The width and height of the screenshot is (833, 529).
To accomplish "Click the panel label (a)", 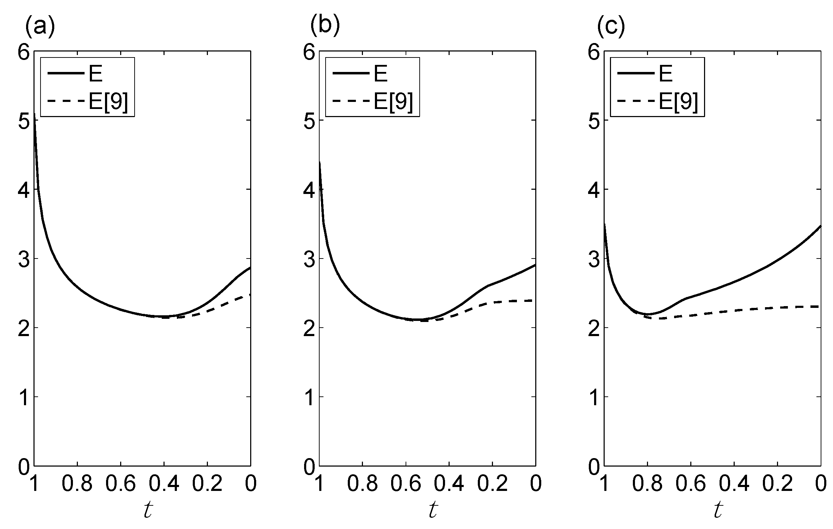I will click(x=40, y=26).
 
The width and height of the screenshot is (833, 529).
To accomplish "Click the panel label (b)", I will click(x=325, y=26).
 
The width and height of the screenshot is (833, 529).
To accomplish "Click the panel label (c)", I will click(x=611, y=26).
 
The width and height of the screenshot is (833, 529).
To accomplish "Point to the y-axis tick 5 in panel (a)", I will click(x=25, y=121).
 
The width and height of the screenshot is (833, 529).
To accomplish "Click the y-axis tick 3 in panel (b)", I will click(x=309, y=259).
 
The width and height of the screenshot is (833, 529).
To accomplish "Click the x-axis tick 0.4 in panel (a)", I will click(x=164, y=484).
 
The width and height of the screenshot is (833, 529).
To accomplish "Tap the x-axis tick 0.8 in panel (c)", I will click(x=647, y=484).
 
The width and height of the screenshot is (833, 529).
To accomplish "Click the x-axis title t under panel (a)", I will click(x=148, y=510).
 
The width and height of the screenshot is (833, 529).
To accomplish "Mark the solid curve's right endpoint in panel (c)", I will click(x=821, y=226).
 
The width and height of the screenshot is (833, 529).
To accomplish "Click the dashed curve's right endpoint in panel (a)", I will click(x=250, y=294).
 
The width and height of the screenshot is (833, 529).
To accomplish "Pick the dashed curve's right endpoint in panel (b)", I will click(x=535, y=300).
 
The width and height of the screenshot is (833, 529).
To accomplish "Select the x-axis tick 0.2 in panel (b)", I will click(x=492, y=484).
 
